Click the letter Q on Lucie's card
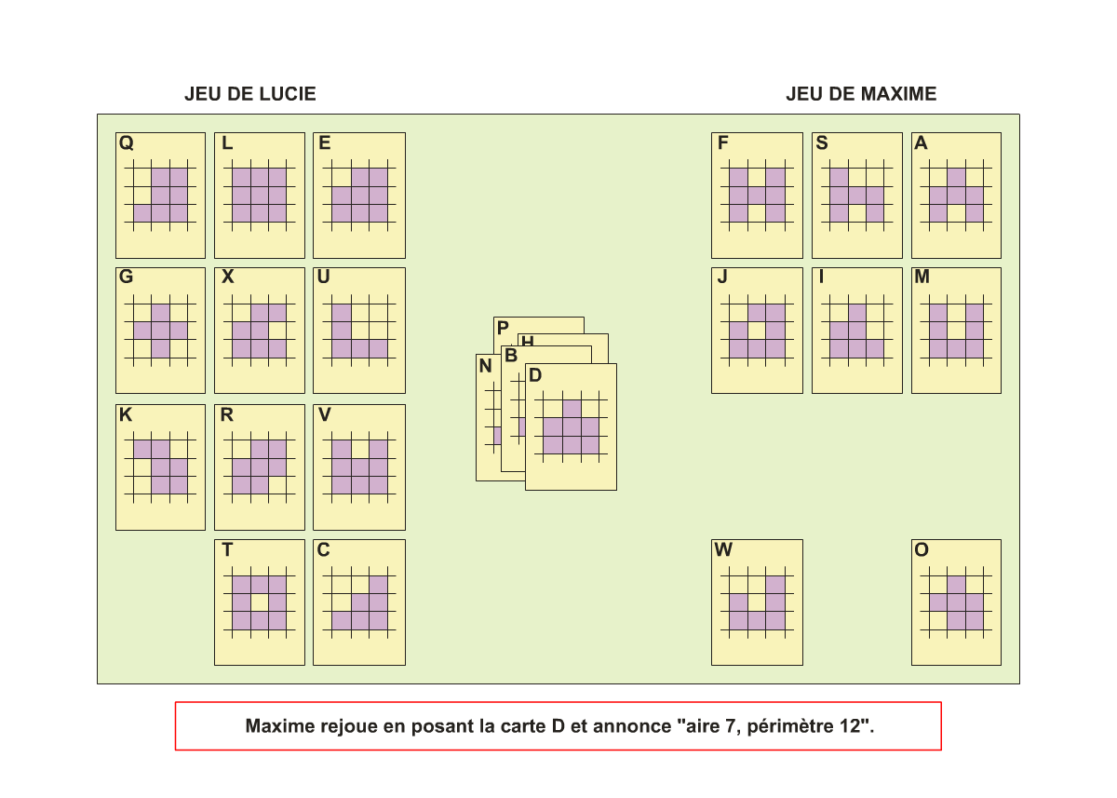[x=127, y=143]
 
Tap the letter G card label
[x=127, y=277]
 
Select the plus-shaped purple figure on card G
[x=160, y=331]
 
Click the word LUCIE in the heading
[x=287, y=94]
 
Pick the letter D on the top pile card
[x=535, y=375]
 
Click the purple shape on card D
[x=572, y=427]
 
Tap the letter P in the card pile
[x=503, y=328]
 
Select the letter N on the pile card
[x=485, y=366]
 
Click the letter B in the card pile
[x=511, y=356]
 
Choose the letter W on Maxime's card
[x=723, y=549]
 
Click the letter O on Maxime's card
[x=922, y=549]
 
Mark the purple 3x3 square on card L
[x=260, y=195]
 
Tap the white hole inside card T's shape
[x=260, y=603]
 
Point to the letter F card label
[x=723, y=143]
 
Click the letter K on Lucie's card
[x=126, y=414]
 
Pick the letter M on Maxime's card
[x=922, y=277]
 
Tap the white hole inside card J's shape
[x=757, y=331]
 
